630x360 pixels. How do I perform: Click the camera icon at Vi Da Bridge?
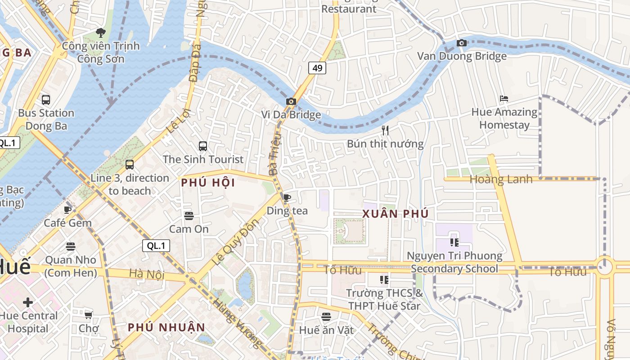[x=291, y=101]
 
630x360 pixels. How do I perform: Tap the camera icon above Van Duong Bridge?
[x=461, y=43]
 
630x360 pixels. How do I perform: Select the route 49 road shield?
[x=317, y=68]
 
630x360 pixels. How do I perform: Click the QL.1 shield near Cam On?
[x=156, y=246]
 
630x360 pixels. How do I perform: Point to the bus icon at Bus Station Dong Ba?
[x=46, y=99]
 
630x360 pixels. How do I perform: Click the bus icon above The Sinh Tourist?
[x=203, y=146]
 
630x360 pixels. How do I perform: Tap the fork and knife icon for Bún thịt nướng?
[x=385, y=130]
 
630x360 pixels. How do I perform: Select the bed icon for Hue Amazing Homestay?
[x=504, y=99]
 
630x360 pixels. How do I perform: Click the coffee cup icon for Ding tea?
[x=287, y=198]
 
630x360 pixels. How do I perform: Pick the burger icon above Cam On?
[x=189, y=216]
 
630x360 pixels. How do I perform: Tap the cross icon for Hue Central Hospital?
[x=28, y=302]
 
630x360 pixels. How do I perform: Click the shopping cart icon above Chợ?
[x=89, y=315]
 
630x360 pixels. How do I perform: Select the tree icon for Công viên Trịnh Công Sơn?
[x=101, y=33]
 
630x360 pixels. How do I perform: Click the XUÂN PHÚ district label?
[x=396, y=214]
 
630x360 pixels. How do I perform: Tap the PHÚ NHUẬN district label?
[x=166, y=327]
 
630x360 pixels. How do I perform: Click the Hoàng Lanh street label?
[x=501, y=179]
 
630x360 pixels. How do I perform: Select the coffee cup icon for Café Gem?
[x=67, y=210]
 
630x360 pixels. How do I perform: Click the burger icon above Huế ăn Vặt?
[x=326, y=317]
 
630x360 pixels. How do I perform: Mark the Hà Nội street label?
[x=147, y=274]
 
